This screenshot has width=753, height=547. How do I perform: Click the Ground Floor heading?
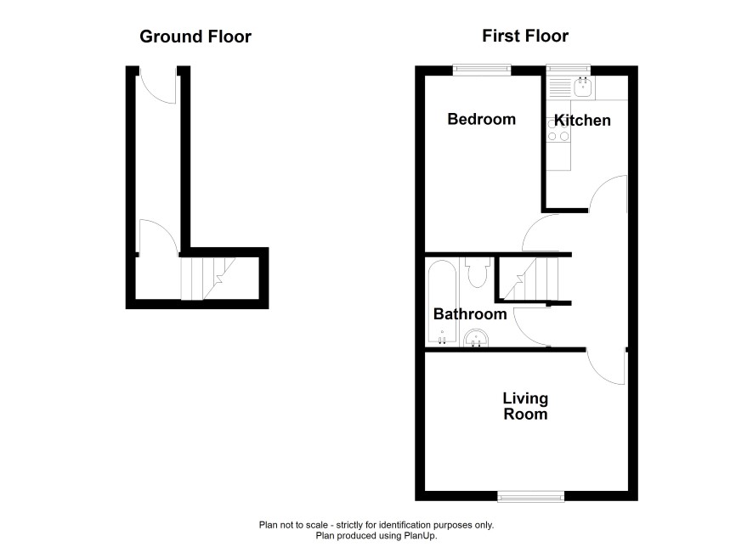[x=195, y=37]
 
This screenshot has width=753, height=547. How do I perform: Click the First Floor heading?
[x=525, y=36]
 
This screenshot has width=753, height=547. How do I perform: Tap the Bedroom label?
[x=482, y=119]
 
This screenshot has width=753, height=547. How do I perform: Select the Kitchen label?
[x=582, y=120]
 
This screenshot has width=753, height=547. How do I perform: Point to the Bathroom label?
[x=470, y=313]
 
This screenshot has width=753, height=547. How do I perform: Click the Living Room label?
[x=525, y=406]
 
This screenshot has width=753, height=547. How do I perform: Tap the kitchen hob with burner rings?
[x=558, y=131]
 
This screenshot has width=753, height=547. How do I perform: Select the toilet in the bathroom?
[x=478, y=272]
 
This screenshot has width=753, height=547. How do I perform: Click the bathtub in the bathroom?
[x=442, y=302]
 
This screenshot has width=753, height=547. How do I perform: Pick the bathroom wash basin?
[x=477, y=338]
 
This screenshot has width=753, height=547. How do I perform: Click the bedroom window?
[x=482, y=70]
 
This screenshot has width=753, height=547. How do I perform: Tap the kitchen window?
[x=569, y=70]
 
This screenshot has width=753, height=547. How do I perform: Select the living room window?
[x=530, y=496]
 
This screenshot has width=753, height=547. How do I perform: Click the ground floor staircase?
[x=207, y=279]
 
